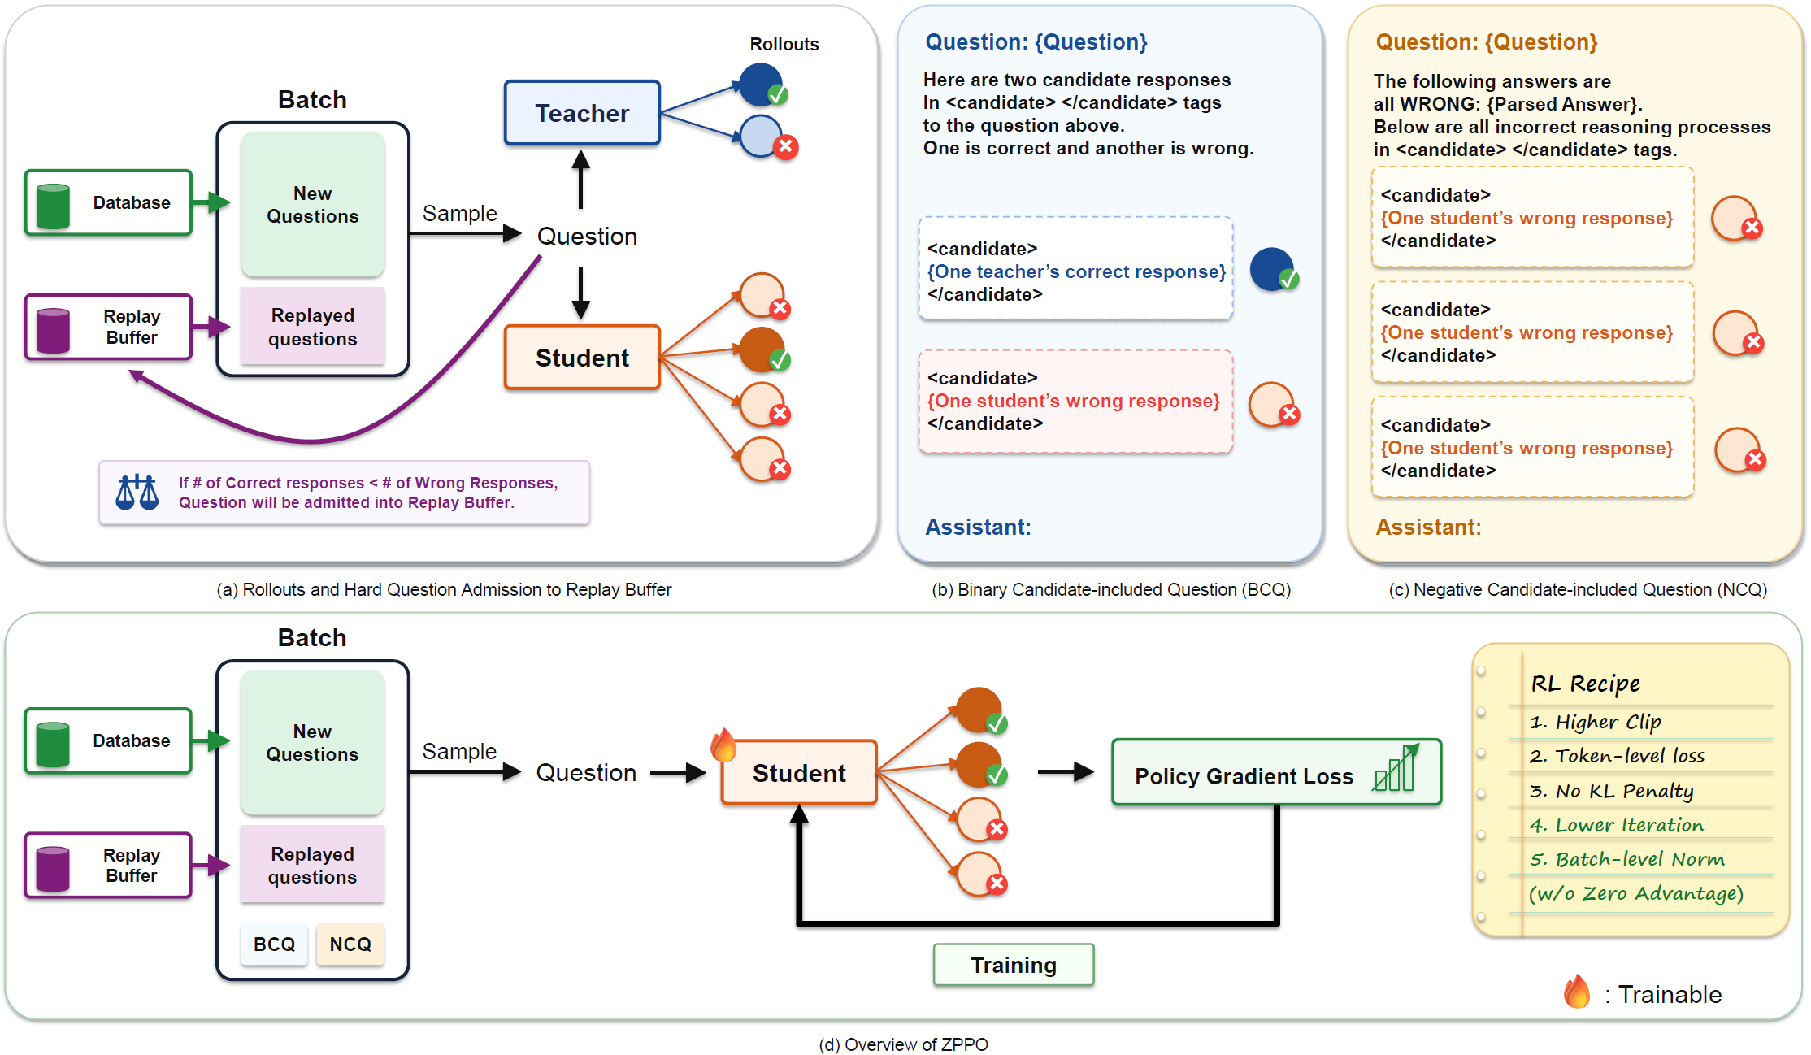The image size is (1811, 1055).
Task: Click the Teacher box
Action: point(582,113)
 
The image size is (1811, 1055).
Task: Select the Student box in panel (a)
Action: point(582,358)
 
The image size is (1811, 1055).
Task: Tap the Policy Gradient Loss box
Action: point(1276,772)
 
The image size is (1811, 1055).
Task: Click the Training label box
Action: point(1014,965)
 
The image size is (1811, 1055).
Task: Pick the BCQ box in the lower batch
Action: point(275,944)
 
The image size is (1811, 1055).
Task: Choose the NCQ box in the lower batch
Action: point(350,944)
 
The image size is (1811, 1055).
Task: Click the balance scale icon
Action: point(137,492)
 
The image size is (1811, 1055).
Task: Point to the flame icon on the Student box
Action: point(723,745)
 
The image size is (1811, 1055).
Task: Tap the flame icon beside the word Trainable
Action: point(1577,992)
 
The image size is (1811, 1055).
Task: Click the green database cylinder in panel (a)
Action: point(54,206)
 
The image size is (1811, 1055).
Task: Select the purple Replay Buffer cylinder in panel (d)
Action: point(54,869)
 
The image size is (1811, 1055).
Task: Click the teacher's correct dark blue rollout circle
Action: point(762,85)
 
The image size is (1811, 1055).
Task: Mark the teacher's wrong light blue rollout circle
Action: point(764,137)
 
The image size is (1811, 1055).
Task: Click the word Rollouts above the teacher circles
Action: point(784,44)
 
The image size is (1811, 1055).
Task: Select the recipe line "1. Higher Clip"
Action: point(1596,722)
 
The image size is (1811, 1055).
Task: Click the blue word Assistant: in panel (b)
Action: point(979,527)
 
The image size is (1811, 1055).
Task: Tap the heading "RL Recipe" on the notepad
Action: point(1586,684)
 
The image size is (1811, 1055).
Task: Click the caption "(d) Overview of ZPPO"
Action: point(904,1044)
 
